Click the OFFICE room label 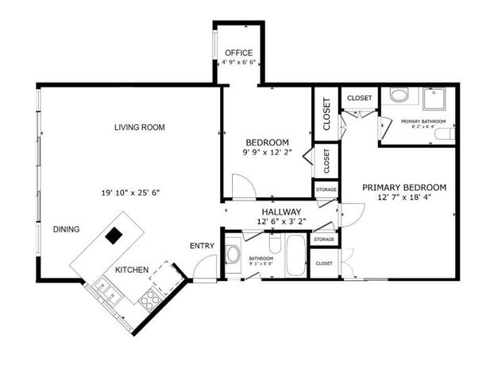[237, 53]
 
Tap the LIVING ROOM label [139, 127]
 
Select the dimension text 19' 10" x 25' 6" [137, 192]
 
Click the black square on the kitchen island [115, 235]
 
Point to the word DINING [67, 229]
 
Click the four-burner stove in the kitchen [149, 299]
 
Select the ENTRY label [202, 245]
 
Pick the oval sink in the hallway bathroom [233, 255]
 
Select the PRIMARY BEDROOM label [403, 187]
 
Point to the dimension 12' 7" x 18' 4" [403, 198]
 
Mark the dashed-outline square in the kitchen [165, 275]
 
